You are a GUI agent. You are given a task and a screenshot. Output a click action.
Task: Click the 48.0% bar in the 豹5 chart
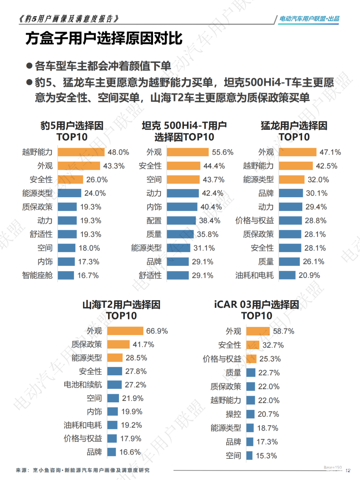coord(81,152)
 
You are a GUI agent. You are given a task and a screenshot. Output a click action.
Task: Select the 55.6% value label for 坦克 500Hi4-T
coord(222,152)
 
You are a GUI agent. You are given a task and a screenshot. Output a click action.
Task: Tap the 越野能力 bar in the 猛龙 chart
coord(296,166)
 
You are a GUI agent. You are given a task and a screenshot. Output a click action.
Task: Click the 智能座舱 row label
coord(37,275)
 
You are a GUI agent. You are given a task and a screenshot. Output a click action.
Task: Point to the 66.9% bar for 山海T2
coord(125,331)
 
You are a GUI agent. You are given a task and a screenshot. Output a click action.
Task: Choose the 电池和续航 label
coord(83,385)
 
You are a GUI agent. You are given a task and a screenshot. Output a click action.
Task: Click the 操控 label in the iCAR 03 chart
coord(233,414)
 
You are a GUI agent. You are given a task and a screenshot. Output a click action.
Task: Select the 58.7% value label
coord(283,331)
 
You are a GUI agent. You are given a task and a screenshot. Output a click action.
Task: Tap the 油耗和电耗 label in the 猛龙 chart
coord(254,275)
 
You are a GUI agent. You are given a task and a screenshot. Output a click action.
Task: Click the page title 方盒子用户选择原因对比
coord(104,38)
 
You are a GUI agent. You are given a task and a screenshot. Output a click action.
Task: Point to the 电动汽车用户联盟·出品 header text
coord(309,19)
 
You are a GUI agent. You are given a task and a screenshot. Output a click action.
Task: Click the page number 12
coord(348,470)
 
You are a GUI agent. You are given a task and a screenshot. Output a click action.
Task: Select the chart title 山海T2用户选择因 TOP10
coord(121,310)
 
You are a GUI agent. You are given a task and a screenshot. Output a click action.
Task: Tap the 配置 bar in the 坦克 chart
coord(181,220)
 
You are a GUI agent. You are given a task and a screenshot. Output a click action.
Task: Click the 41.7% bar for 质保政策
coord(118,344)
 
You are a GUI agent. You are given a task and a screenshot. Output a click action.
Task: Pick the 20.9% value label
coord(309,275)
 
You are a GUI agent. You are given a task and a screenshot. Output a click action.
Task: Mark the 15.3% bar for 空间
coord(249,455)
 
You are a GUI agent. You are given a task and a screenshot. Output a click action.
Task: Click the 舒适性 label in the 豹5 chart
coord(41,234)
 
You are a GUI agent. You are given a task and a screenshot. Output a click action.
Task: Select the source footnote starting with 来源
coord(83,470)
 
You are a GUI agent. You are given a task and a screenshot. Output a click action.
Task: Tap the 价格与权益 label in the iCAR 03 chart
coord(222,359)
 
